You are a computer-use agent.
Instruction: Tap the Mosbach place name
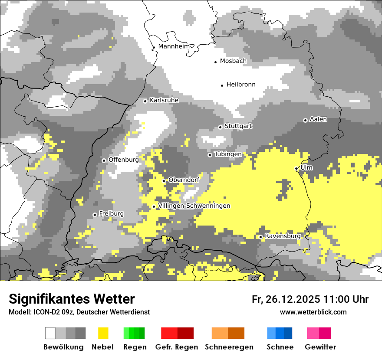233,61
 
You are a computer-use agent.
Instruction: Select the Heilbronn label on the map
241,85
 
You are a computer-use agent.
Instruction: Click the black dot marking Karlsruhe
145,101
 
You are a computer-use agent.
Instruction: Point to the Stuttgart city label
238,126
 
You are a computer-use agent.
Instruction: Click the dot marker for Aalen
305,120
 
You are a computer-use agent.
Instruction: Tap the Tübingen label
228,154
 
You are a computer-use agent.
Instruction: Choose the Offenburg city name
124,160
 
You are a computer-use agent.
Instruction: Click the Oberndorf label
184,180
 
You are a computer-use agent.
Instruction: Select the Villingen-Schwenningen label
194,206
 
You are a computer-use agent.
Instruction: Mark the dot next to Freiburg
95,215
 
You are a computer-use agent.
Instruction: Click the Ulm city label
306,167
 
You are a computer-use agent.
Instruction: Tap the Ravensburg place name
283,236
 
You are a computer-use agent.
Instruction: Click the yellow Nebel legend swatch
103,333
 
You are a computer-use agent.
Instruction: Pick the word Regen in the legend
135,347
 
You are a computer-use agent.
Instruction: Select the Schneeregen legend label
229,347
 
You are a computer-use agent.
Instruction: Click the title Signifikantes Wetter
72,299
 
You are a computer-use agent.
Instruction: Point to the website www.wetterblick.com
313,312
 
